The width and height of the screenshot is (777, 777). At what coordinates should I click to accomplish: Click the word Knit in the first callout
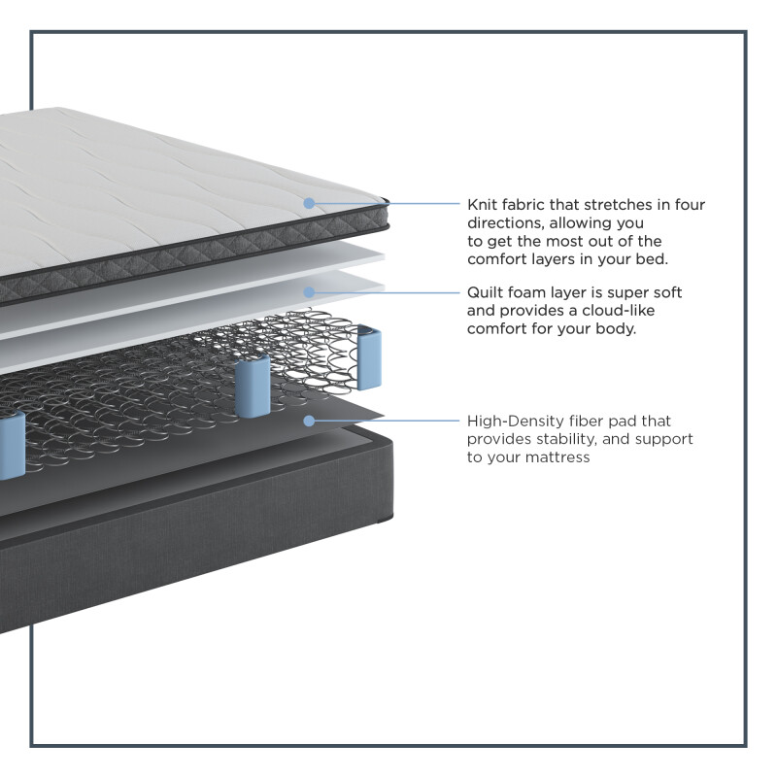482,205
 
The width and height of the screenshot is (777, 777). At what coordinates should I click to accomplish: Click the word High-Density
516,422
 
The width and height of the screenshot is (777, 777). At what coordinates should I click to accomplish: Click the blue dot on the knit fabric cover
309,203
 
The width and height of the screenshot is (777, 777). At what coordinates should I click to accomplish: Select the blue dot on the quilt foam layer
309,292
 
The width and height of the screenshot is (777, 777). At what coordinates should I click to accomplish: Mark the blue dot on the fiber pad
309,421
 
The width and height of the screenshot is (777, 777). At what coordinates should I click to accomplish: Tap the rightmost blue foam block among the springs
369,356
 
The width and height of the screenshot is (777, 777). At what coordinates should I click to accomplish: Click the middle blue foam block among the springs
253,386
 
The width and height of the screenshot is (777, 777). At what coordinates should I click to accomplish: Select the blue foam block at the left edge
12,446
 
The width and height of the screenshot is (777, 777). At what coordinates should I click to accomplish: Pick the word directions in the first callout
504,223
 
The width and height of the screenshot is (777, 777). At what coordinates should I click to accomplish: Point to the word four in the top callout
690,205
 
